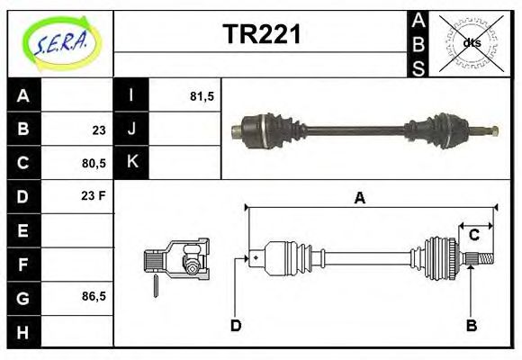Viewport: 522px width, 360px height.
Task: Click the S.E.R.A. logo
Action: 60,41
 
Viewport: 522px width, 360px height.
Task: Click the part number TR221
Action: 261,35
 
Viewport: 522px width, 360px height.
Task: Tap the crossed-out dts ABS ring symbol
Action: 472,42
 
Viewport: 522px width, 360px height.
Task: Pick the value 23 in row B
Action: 98,130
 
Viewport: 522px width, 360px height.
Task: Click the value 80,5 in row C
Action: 94,164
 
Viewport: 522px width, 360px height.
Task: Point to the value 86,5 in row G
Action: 94,295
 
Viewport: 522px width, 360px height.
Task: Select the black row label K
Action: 131,163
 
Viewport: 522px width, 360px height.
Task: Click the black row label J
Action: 131,130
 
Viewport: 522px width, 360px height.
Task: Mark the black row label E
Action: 24,230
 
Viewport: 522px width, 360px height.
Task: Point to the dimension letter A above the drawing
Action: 359,199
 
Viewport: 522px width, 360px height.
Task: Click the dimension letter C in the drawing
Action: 473,236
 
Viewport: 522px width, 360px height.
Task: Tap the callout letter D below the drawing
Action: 236,325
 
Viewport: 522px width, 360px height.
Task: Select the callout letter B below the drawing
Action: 470,325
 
